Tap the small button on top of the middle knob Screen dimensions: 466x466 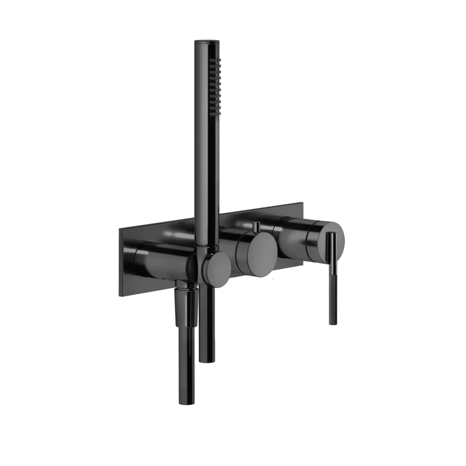pos(256,227)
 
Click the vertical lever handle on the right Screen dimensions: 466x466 pos(332,278)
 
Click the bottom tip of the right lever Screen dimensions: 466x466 pos(332,323)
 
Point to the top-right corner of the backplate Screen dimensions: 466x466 pos(303,201)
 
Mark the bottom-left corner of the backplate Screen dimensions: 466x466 pos(118,296)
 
